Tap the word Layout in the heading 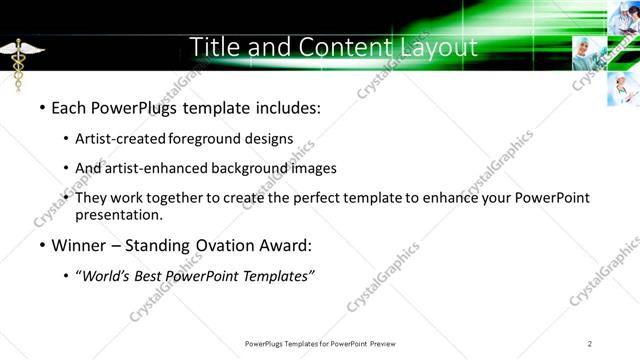pos(432,47)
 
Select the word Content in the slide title pos(330,47)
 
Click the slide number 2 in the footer pos(590,343)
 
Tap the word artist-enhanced pos(157,168)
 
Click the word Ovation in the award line pos(220,244)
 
